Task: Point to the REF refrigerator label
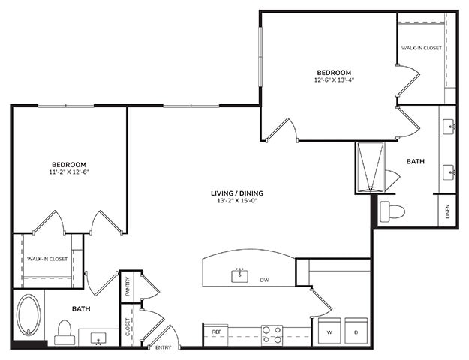pyautogui.click(x=216, y=331)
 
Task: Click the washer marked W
pyautogui.click(x=329, y=331)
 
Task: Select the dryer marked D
pyautogui.click(x=356, y=331)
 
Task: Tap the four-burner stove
pyautogui.click(x=272, y=334)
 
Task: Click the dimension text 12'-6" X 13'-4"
pyautogui.click(x=335, y=79)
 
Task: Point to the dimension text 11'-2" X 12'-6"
pyautogui.click(x=68, y=172)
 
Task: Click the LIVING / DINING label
pyautogui.click(x=237, y=193)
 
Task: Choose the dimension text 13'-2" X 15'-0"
pyautogui.click(x=237, y=201)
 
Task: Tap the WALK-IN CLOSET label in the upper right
pyautogui.click(x=421, y=48)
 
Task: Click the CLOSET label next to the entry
pyautogui.click(x=128, y=328)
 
